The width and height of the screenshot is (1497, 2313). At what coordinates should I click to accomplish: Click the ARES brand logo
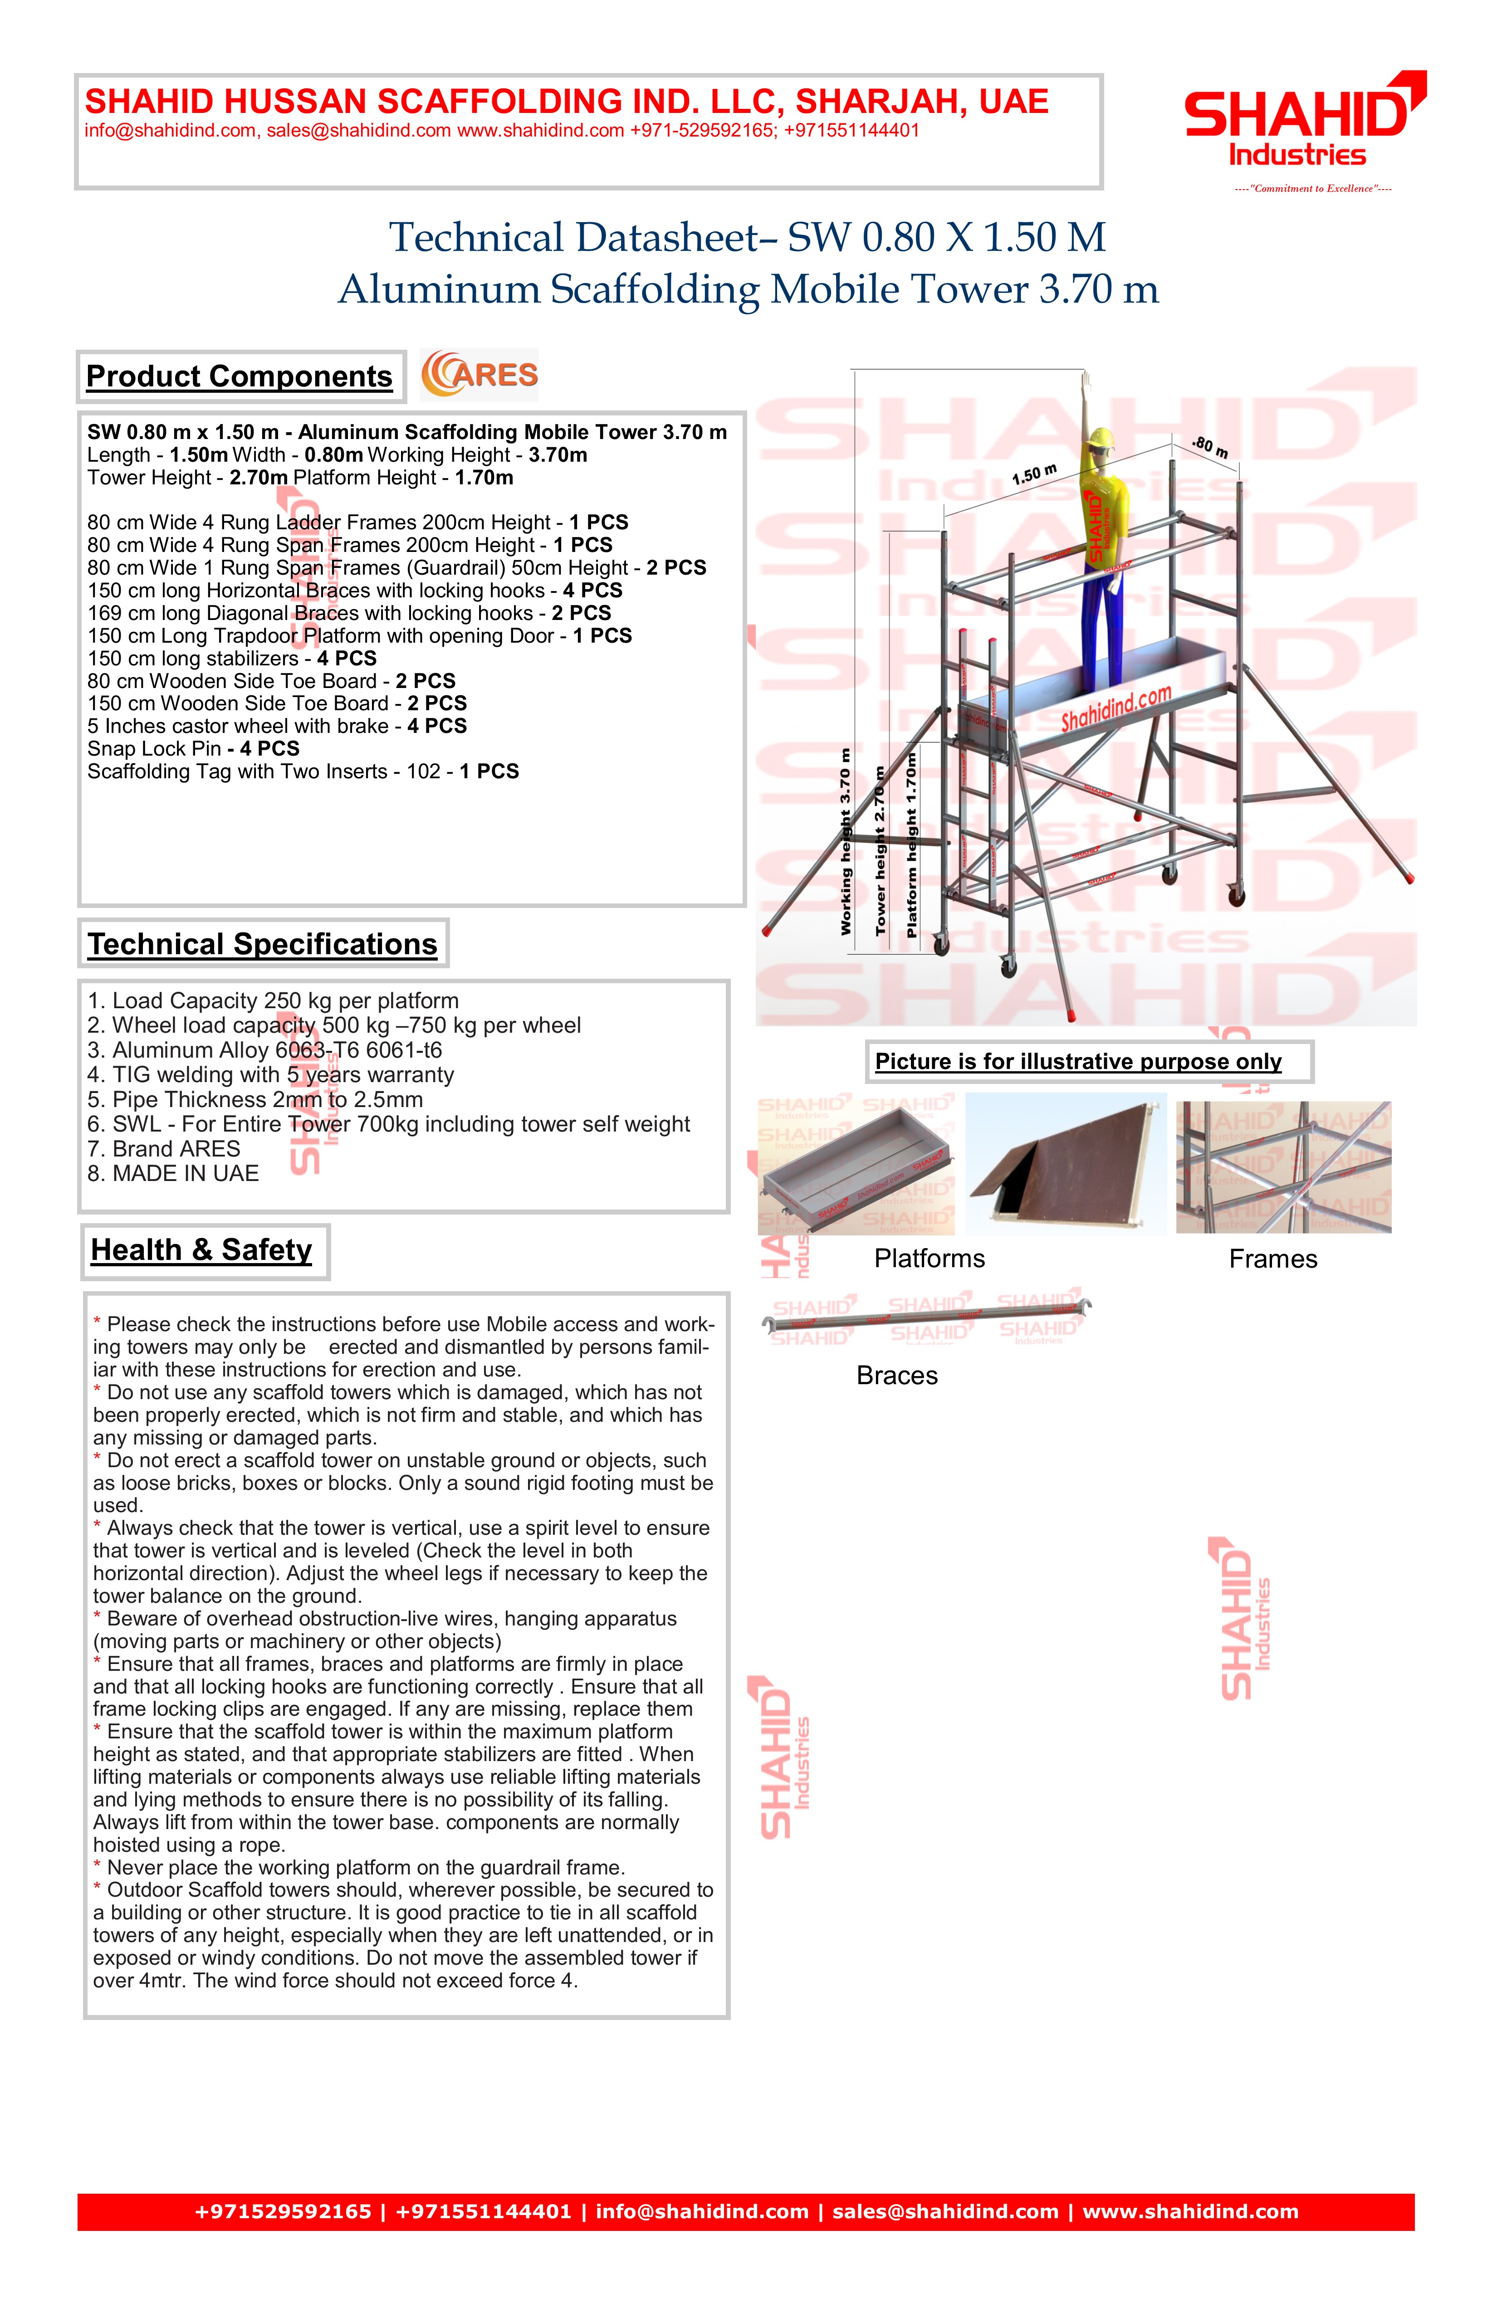click(479, 375)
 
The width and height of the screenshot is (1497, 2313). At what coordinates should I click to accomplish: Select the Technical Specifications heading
click(263, 945)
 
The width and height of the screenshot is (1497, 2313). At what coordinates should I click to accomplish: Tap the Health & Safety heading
click(202, 1251)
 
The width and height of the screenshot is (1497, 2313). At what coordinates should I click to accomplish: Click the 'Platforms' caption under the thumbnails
click(930, 1259)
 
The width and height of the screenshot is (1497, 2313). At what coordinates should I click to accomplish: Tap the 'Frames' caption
click(1272, 1259)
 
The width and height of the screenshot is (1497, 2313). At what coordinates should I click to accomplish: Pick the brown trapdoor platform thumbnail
click(1066, 1164)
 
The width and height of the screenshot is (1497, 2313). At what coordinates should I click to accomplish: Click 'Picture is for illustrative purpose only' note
click(1078, 1062)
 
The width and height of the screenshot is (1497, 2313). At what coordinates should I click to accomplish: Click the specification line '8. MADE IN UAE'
click(173, 1174)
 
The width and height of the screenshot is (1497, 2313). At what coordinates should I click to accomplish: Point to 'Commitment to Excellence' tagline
click(1312, 189)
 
